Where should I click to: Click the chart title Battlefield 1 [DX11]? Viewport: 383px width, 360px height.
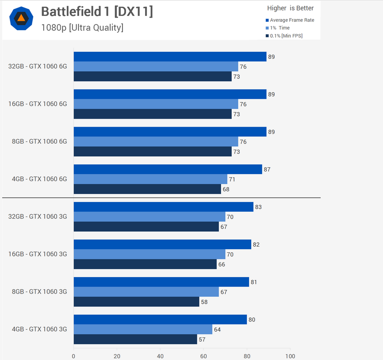pyautogui.click(x=97, y=12)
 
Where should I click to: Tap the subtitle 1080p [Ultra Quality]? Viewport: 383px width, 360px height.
pyautogui.click(x=82, y=27)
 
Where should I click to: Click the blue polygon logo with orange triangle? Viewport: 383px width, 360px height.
pyautogui.click(x=21, y=19)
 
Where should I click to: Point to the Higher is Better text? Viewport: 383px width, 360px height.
pyautogui.click(x=290, y=8)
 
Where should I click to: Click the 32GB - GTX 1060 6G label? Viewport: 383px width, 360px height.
pyautogui.click(x=38, y=66)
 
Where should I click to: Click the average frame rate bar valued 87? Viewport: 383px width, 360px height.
pyautogui.click(x=168, y=169)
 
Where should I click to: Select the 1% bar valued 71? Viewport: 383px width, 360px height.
pyautogui.click(x=150, y=179)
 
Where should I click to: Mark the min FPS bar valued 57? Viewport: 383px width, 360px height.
pyautogui.click(x=135, y=339)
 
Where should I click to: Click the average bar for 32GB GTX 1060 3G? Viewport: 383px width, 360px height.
pyautogui.click(x=163, y=207)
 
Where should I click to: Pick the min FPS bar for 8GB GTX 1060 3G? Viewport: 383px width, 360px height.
pyautogui.click(x=136, y=302)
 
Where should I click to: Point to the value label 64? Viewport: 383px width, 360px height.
pyautogui.click(x=217, y=329)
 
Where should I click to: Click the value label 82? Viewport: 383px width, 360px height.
pyautogui.click(x=256, y=244)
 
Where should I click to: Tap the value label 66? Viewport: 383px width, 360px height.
pyautogui.click(x=222, y=264)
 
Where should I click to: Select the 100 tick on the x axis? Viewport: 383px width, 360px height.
pyautogui.click(x=290, y=356)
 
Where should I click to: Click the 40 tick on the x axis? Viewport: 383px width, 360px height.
pyautogui.click(x=160, y=356)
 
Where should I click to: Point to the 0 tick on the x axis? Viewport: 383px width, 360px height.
pyautogui.click(x=73, y=356)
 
